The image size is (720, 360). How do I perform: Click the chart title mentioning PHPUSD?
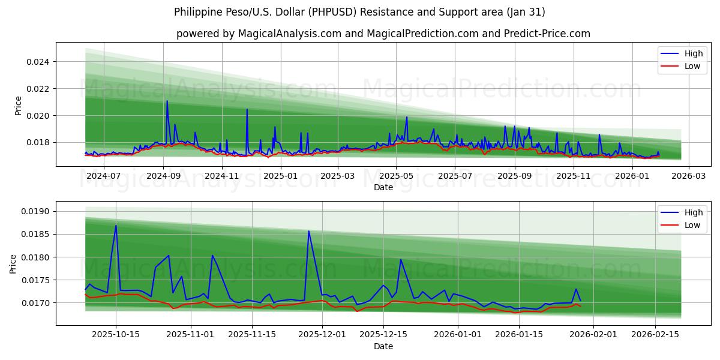click(x=359, y=12)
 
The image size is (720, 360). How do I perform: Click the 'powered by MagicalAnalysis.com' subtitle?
click(x=383, y=34)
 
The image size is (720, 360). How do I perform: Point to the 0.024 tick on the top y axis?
click(x=38, y=62)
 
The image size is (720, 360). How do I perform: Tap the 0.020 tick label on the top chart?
click(x=38, y=115)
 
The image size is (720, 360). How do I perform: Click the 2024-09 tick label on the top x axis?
click(x=163, y=176)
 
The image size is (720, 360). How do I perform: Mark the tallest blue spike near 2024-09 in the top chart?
click(x=167, y=101)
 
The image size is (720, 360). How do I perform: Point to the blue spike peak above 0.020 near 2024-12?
click(x=247, y=109)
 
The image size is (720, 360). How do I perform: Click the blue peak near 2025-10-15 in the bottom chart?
click(x=116, y=226)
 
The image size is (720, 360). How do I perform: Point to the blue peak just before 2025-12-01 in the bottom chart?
click(x=309, y=231)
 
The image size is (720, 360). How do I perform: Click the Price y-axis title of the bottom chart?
click(x=13, y=263)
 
